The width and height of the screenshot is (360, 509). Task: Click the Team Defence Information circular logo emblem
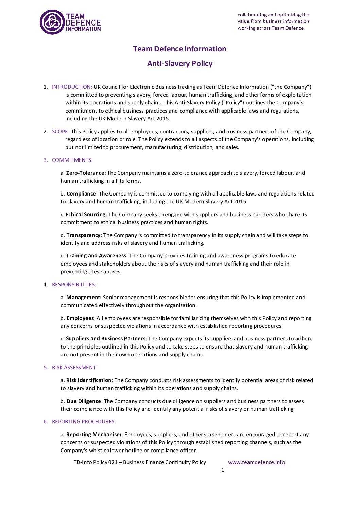tap(52, 22)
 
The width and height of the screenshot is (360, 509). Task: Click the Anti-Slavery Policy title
tap(180, 64)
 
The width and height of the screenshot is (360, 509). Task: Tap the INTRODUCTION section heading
tap(72, 87)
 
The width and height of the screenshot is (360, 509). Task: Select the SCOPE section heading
tap(61, 132)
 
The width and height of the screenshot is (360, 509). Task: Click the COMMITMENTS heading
tap(72, 160)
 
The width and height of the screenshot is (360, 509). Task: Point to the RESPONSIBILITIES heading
tap(73, 285)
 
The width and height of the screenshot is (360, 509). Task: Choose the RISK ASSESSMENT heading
tap(74, 368)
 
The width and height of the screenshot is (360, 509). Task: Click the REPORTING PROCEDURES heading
tap(84, 422)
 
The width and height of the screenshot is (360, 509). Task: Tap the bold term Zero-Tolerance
tap(85, 173)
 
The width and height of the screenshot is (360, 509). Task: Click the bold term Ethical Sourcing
tap(86, 215)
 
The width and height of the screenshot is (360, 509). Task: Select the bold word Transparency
tap(83, 235)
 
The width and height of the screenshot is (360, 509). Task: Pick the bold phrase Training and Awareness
tap(96, 256)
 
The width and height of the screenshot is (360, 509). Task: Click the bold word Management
tap(84, 298)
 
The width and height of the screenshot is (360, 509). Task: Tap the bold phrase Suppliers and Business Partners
tap(106, 339)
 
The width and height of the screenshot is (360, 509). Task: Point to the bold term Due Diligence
tap(84, 401)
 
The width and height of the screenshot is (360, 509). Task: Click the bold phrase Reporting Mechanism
tap(94, 435)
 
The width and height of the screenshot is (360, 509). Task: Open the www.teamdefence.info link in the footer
tap(256, 462)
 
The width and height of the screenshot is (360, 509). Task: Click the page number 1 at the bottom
tap(223, 470)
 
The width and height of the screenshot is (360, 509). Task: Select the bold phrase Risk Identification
tap(89, 380)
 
